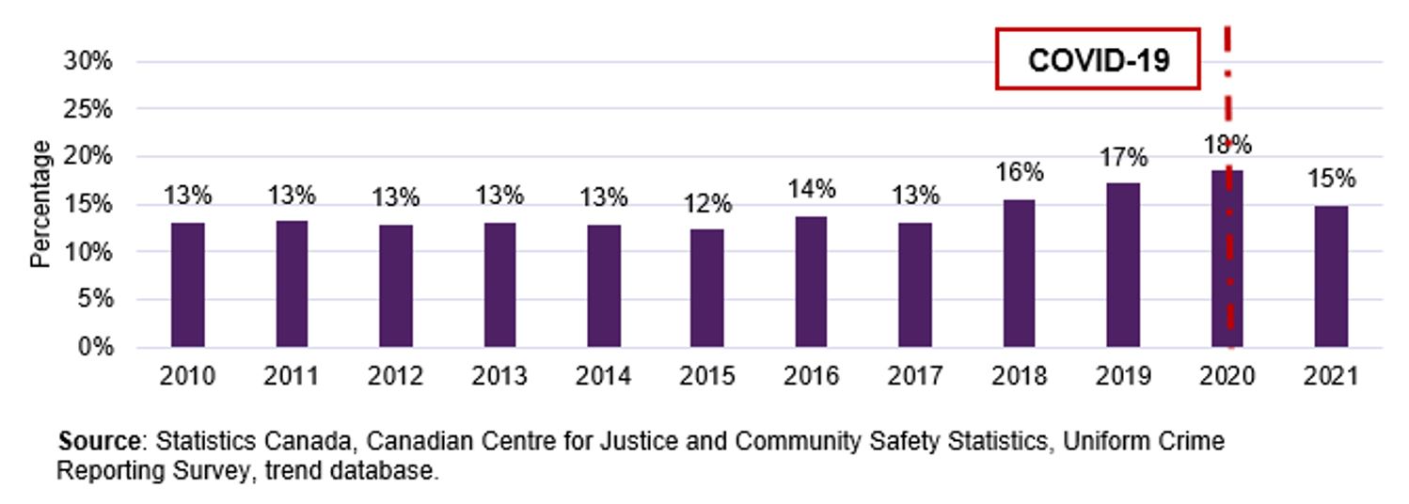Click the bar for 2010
188,285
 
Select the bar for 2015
707,288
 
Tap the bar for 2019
1123,265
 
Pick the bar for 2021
1331,276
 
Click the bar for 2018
1019,274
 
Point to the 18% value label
1227,145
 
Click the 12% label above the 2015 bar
707,204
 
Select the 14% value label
811,189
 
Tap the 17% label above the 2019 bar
1123,157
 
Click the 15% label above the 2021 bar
1331,179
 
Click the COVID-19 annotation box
1098,60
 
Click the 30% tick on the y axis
88,61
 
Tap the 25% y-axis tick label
88,109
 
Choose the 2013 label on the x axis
499,377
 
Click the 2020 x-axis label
1227,377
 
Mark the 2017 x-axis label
915,377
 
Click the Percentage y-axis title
40,204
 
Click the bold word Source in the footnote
99,441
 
